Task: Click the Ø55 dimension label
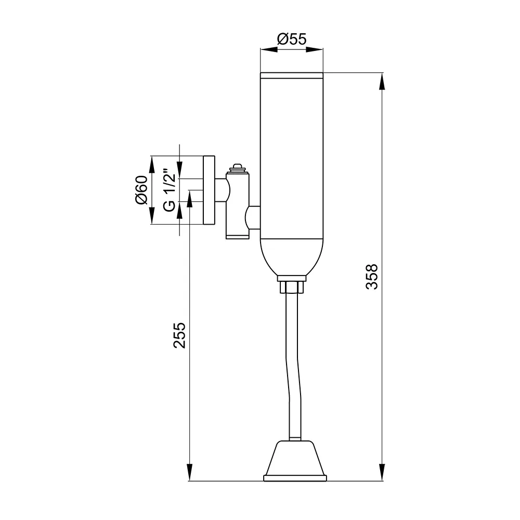[292, 39]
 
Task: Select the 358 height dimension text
[372, 277]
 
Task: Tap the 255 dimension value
[179, 335]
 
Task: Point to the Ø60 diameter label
[141, 190]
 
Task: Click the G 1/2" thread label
[170, 190]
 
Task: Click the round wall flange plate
[209, 190]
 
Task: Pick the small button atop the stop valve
[237, 167]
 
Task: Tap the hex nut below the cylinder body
[292, 287]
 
